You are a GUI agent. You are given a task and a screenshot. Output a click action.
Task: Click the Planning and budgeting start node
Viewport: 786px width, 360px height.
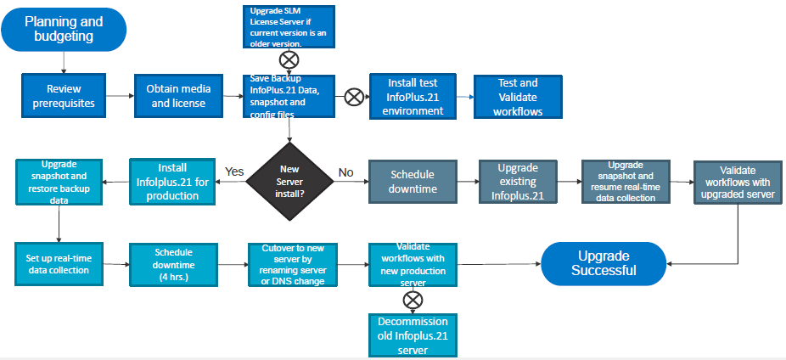point(64,29)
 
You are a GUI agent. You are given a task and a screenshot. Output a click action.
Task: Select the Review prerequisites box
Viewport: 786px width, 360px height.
point(64,96)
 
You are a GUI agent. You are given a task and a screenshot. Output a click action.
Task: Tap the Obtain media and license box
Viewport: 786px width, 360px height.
point(177,96)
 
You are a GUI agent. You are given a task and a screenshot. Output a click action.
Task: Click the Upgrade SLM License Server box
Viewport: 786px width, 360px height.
point(288,26)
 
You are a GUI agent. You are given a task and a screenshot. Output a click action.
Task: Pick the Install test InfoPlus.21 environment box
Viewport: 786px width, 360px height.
point(413,96)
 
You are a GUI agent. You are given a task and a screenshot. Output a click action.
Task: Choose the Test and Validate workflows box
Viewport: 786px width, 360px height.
point(517,96)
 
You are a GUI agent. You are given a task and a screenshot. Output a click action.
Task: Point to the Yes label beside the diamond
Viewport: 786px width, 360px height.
point(235,172)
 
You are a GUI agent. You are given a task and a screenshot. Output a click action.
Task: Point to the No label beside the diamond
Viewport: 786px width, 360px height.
point(346,172)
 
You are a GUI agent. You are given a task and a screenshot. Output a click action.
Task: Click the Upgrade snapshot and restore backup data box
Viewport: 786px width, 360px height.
point(59,181)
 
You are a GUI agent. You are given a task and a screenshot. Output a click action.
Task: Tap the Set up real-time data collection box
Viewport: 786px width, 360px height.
point(58,264)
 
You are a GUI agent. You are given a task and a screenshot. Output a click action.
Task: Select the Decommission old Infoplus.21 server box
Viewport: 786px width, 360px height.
point(413,335)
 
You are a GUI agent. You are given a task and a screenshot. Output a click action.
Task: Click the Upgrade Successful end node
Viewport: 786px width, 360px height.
point(604,263)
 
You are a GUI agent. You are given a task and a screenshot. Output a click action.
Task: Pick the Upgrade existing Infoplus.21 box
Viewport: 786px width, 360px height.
point(516,181)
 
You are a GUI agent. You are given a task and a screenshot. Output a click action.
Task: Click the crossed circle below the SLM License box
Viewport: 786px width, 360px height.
point(289,60)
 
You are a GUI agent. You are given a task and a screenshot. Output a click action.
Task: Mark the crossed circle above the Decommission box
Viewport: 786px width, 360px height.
point(413,299)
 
